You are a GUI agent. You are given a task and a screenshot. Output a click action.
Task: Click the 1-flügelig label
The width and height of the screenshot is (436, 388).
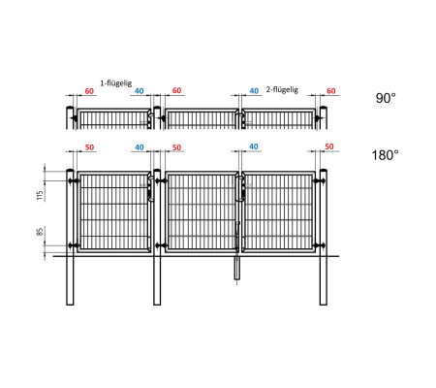pyautogui.click(x=116, y=83)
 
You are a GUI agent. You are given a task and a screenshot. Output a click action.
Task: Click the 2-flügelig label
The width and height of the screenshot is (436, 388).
pyautogui.click(x=282, y=89)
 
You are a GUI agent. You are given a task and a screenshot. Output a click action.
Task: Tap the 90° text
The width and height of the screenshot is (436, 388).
pyautogui.click(x=386, y=98)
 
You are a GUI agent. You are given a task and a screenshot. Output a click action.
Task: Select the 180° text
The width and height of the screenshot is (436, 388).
pyautogui.click(x=385, y=155)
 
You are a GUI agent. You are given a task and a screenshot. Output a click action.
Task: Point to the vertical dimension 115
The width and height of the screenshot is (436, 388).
pyautogui.click(x=40, y=195)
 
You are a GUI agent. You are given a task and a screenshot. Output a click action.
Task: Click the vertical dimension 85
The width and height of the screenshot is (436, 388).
pyautogui.click(x=40, y=232)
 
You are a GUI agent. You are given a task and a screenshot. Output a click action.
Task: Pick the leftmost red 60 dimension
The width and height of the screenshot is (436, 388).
pyautogui.click(x=89, y=91)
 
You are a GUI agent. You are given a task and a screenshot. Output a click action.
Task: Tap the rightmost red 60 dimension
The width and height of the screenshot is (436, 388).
pyautogui.click(x=331, y=91)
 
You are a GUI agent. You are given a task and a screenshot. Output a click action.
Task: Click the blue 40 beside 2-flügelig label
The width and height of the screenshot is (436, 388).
pyautogui.click(x=254, y=91)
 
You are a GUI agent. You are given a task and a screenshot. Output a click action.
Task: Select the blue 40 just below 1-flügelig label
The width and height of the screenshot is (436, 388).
pyautogui.click(x=140, y=91)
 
